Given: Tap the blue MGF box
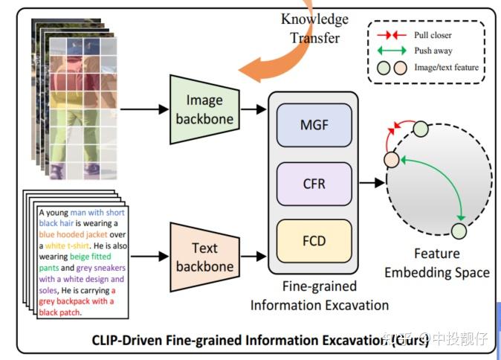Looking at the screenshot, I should click(x=314, y=125).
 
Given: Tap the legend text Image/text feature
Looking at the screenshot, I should click(x=447, y=68).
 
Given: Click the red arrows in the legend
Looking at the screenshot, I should click(x=391, y=35).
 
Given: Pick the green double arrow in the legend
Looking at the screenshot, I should click(x=391, y=51).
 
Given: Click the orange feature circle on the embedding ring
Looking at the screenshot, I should click(x=392, y=160).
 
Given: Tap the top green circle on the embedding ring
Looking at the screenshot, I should click(x=421, y=129).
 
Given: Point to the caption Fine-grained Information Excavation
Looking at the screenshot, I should click(x=319, y=295).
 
